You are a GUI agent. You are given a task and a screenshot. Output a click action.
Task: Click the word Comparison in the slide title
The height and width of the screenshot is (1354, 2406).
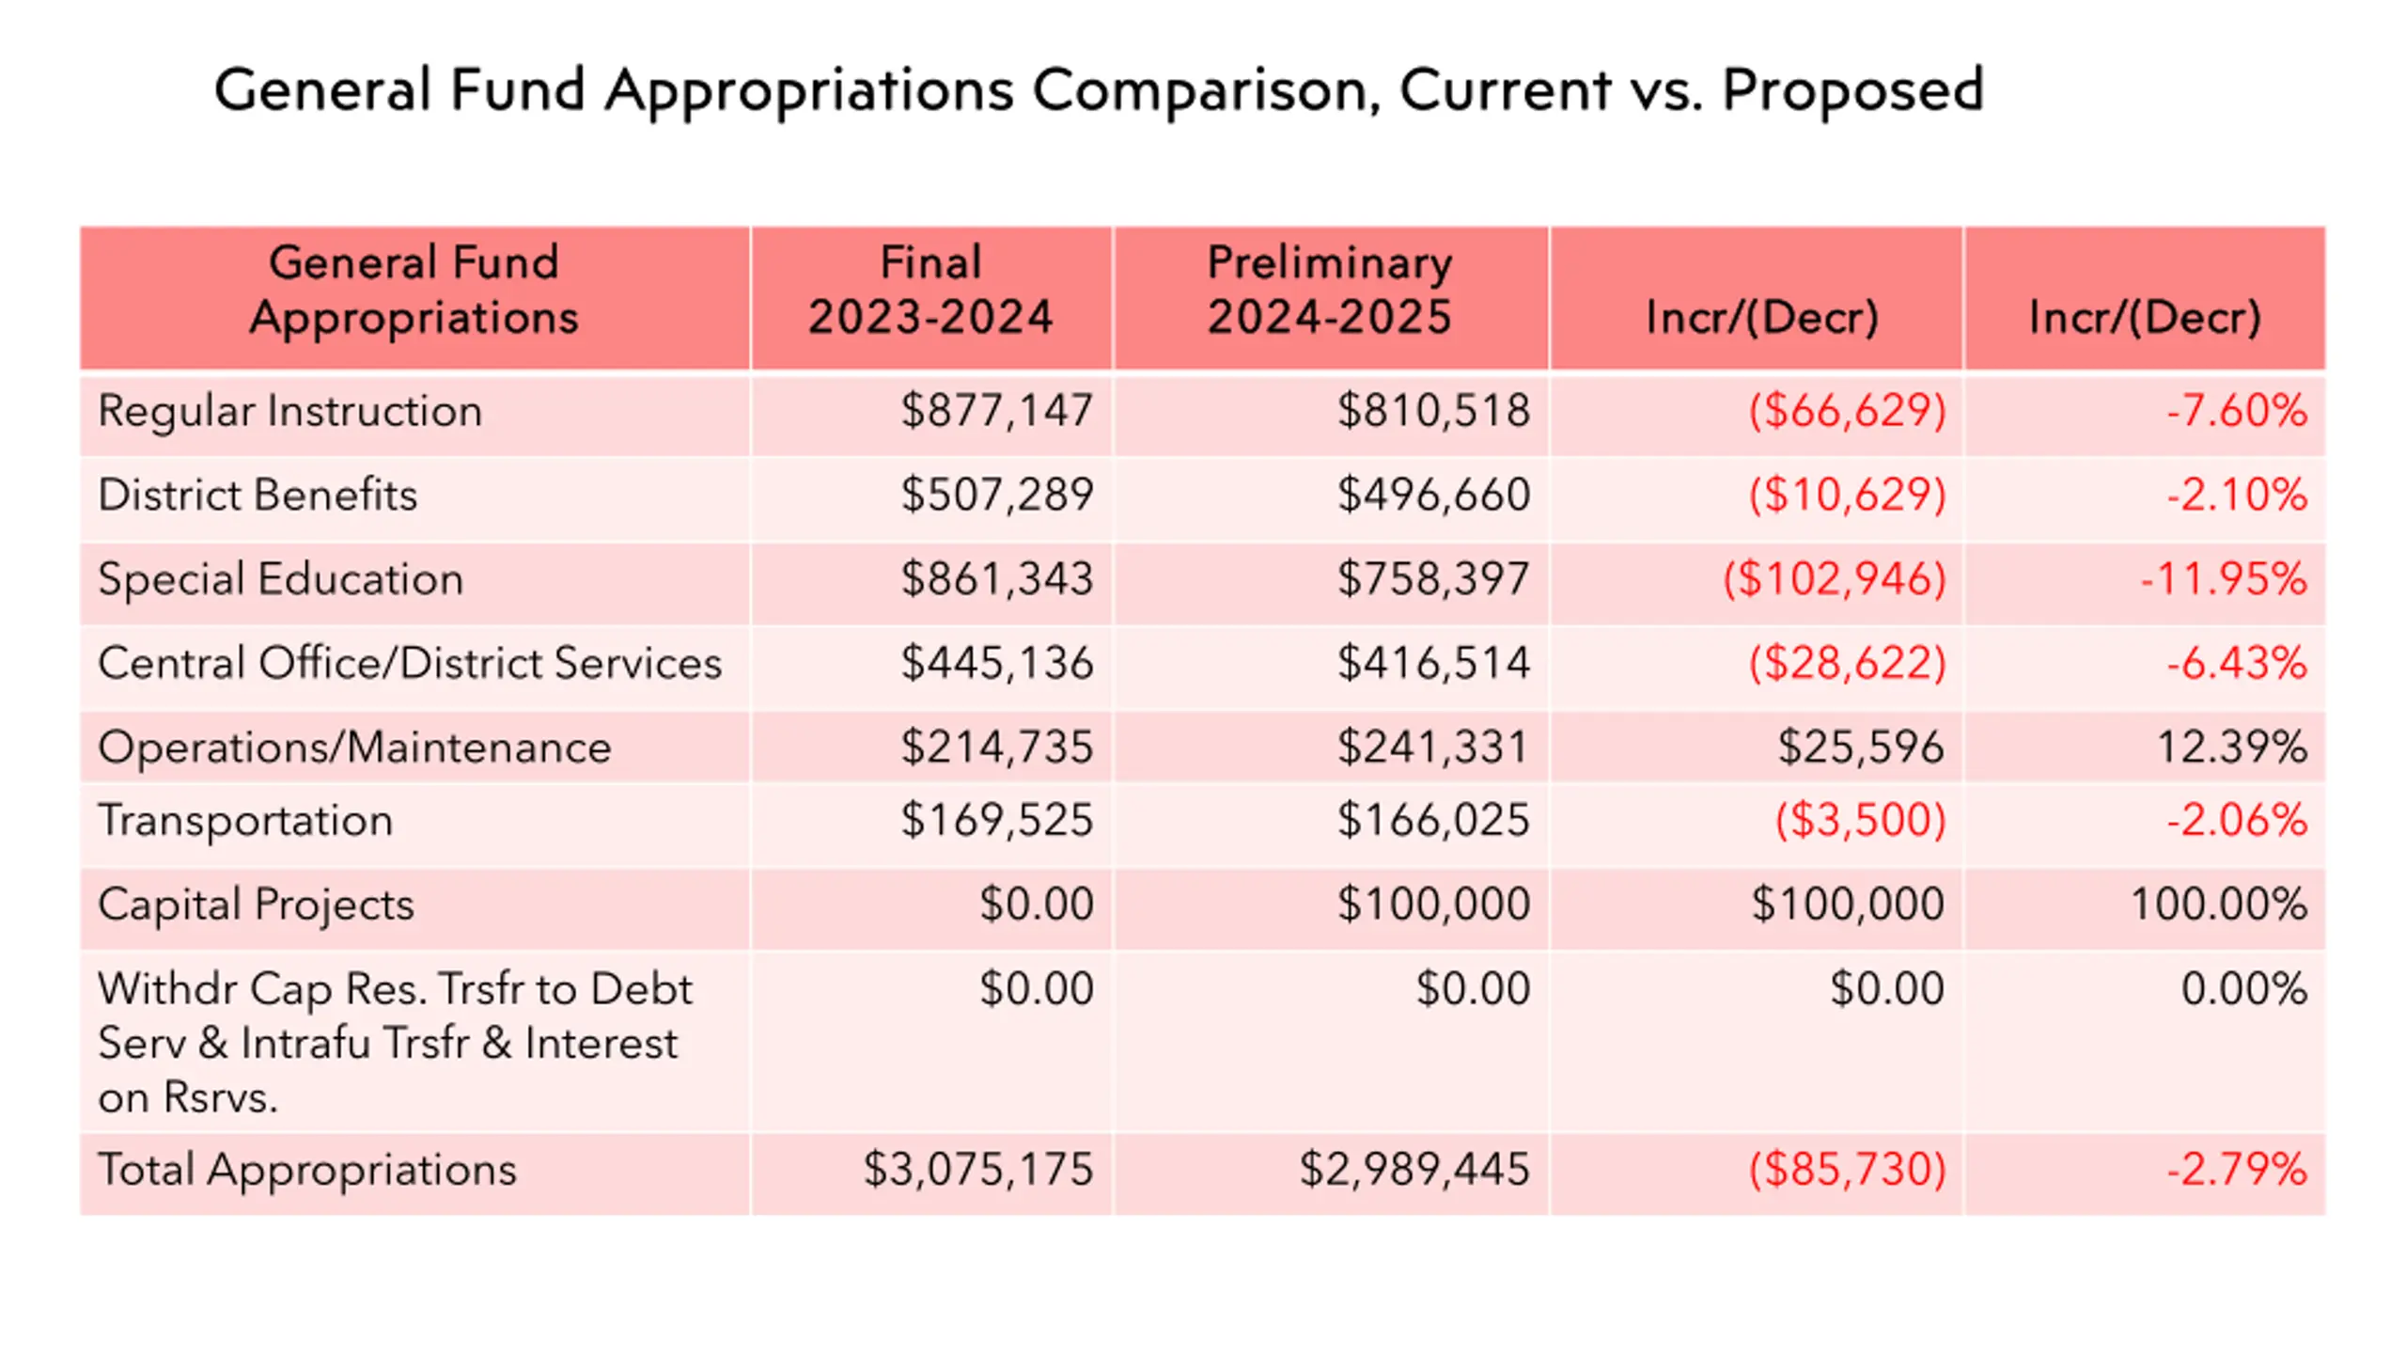pos(1206,91)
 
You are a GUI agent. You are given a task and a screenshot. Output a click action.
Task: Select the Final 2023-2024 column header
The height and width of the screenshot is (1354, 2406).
pos(930,289)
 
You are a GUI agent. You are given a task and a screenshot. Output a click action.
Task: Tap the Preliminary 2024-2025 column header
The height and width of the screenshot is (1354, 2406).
pos(1330,289)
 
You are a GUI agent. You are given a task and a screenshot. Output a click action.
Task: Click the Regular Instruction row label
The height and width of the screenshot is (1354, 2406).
pos(289,411)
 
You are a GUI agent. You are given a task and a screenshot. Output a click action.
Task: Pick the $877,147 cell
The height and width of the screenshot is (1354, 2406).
pos(997,411)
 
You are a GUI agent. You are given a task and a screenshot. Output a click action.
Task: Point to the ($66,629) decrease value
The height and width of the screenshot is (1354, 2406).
pos(1847,411)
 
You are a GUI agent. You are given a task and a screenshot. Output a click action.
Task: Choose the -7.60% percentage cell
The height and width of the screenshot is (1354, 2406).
pos(2237,411)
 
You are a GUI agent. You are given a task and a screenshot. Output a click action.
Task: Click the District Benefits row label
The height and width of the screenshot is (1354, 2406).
pos(258,495)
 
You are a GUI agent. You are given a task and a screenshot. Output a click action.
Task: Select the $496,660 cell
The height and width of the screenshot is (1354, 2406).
pos(1434,495)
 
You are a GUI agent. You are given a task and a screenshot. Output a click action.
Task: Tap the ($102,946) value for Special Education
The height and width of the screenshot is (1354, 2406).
pos(1834,578)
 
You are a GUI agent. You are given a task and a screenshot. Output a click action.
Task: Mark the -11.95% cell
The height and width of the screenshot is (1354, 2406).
pos(2224,578)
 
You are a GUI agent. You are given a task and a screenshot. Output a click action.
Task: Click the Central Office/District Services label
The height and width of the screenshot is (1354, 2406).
pos(410,663)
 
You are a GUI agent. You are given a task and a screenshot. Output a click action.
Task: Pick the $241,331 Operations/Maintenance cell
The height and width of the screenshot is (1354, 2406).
pos(1434,748)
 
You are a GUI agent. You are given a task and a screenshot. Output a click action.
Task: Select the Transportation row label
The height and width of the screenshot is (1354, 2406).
pos(245,820)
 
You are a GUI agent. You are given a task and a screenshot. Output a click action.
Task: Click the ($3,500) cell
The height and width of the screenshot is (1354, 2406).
pos(1860,820)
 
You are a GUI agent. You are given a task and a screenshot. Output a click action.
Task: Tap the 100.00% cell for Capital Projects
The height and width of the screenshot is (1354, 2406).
pos(2219,905)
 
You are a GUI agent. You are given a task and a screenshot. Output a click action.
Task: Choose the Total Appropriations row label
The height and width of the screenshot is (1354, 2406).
pos(307,1171)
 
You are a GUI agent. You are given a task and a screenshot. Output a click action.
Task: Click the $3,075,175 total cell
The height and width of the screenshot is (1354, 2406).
pos(978,1170)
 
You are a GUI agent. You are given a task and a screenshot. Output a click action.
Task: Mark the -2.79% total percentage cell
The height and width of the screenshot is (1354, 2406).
pos(2237,1170)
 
